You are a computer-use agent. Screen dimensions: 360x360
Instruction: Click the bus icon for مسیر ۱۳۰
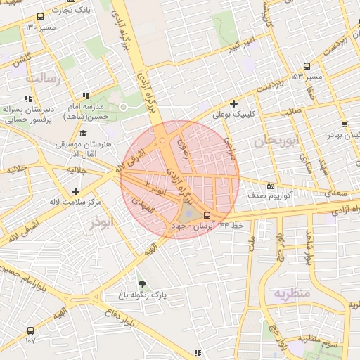click(x=39, y=16)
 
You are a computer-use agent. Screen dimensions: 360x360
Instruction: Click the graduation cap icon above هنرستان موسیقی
click(x=83, y=133)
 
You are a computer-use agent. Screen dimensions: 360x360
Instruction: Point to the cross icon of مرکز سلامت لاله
click(x=75, y=191)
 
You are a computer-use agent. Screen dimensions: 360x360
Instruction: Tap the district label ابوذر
click(x=101, y=224)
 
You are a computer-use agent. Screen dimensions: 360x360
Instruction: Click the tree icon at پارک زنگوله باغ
click(x=143, y=284)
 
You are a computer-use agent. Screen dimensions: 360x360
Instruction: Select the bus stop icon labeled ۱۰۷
click(x=30, y=330)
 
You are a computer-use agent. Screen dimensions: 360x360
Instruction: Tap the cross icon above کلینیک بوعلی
click(x=234, y=103)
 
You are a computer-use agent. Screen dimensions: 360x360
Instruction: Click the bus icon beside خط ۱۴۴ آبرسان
click(x=206, y=215)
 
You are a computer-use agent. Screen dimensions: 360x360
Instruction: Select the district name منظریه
click(x=292, y=292)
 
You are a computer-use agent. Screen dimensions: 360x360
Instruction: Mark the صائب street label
click(x=291, y=111)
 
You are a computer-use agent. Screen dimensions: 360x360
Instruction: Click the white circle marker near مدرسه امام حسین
click(x=124, y=107)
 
